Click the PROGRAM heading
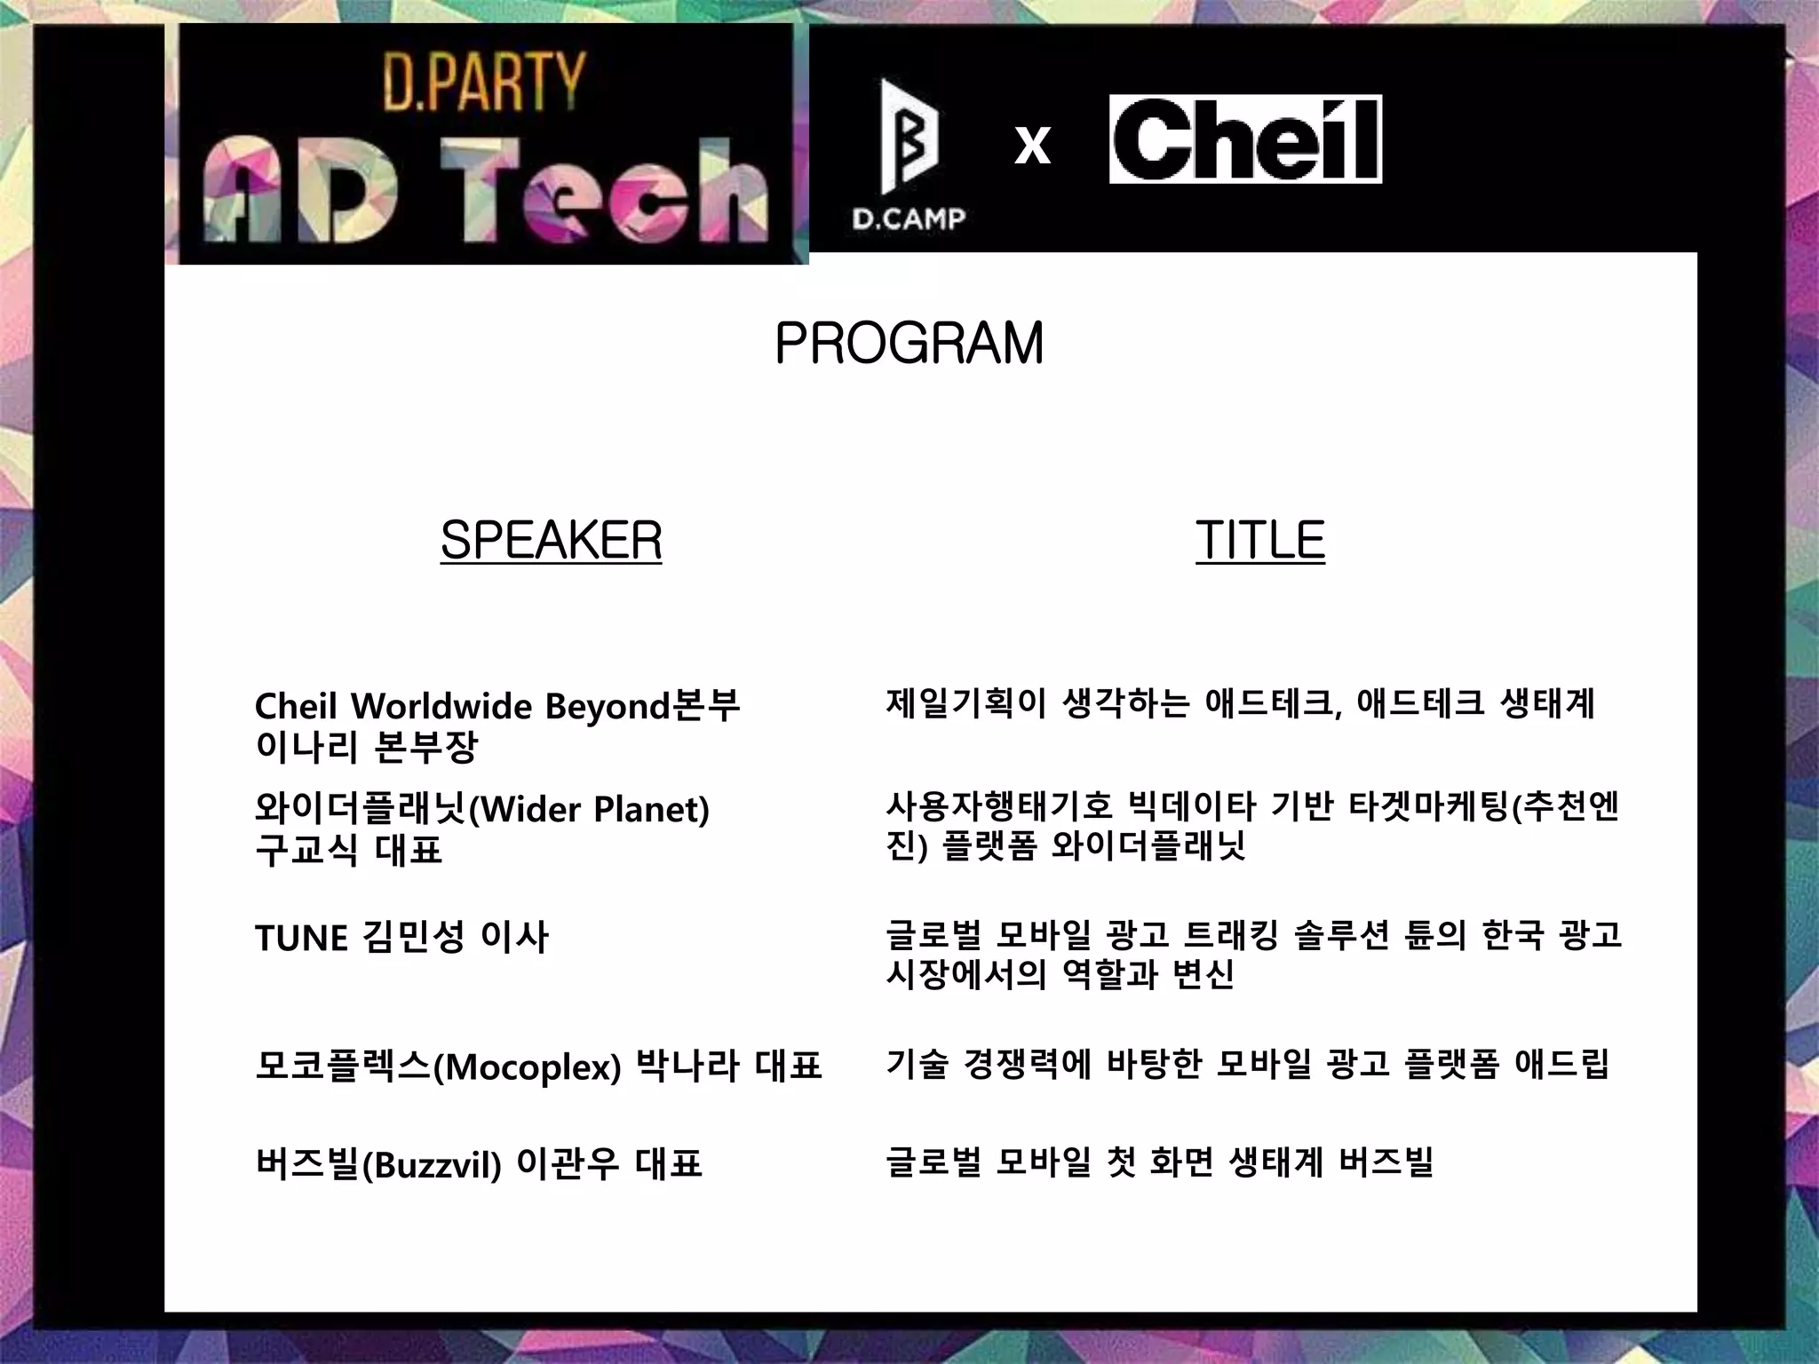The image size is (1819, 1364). (x=909, y=344)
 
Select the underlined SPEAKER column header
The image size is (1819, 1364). (x=551, y=540)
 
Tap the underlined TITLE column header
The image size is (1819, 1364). (x=1259, y=540)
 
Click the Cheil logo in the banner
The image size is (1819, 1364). (x=1245, y=139)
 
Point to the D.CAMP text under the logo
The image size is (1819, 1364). (x=909, y=218)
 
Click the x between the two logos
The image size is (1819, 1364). (x=1032, y=144)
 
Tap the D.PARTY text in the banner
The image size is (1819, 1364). (x=484, y=82)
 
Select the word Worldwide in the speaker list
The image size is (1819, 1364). (x=441, y=707)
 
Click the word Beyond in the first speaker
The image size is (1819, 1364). (x=607, y=707)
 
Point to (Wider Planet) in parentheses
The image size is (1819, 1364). (x=589, y=809)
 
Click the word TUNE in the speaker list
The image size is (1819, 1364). (x=301, y=938)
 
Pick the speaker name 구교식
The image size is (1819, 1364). (x=306, y=850)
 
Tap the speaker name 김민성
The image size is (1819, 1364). (x=413, y=938)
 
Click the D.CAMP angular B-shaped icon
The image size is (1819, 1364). (x=908, y=138)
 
